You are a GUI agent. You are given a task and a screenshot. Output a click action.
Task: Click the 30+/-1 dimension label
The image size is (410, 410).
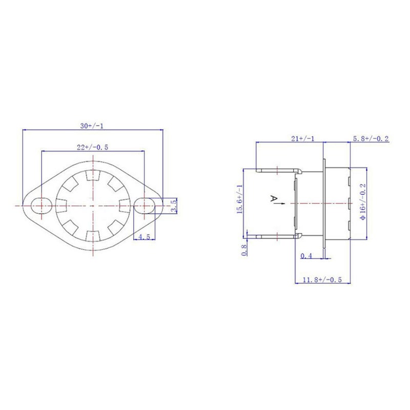(92, 126)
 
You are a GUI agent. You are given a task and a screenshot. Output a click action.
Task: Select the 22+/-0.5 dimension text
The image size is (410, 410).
(92, 147)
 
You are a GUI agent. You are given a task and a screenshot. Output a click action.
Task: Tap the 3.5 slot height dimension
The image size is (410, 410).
(174, 206)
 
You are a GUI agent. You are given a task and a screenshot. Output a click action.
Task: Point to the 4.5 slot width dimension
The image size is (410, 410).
(145, 237)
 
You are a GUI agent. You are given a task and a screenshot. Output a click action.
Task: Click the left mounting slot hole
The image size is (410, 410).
(42, 206)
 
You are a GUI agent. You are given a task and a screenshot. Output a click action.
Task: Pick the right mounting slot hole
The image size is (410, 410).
(145, 206)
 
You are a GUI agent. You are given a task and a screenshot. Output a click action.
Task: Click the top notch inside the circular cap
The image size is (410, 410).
(93, 175)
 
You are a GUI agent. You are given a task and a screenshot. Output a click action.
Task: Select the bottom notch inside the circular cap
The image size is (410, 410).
(93, 236)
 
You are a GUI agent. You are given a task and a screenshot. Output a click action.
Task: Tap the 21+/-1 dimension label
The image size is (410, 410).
(303, 138)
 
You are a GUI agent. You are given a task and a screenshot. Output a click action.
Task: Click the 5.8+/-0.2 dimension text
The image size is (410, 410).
(371, 138)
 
